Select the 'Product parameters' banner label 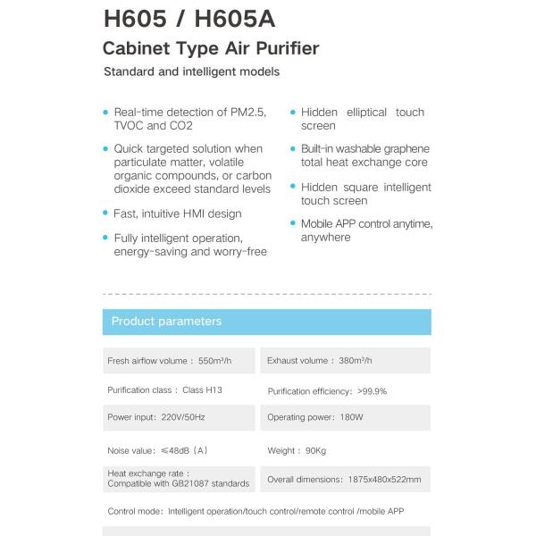coord(166,322)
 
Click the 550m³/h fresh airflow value coord(216,361)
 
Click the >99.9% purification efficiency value coord(372,391)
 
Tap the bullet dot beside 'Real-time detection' coord(105,113)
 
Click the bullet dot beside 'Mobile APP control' coord(292,223)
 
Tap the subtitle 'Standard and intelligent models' coord(191,71)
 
